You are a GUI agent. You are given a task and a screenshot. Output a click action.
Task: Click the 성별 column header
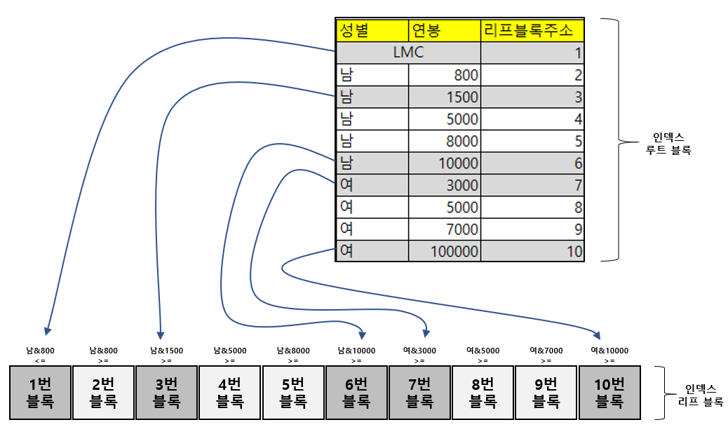[372, 31]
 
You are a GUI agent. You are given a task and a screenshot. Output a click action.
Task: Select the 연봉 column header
[444, 31]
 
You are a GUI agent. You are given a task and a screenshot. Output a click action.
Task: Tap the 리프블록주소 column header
[532, 31]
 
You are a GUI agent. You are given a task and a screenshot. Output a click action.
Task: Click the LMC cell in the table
[408, 53]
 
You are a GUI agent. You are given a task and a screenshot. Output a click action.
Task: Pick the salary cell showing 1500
[444, 97]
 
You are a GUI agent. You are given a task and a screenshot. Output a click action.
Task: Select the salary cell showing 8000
[444, 141]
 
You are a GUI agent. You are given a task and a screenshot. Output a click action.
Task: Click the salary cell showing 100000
[444, 250]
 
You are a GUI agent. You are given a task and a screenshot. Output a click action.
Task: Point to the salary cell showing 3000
[444, 185]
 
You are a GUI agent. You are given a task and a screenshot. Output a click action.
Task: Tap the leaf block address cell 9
[532, 229]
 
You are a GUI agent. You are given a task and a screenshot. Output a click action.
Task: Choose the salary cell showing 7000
[444, 229]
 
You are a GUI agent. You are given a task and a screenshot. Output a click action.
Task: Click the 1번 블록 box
[41, 393]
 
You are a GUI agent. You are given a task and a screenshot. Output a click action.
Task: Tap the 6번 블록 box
[356, 393]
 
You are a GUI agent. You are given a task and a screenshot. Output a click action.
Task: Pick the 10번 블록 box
[609, 393]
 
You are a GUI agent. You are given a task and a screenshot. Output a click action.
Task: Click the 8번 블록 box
[483, 393]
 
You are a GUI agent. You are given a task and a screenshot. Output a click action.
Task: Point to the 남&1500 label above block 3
[167, 351]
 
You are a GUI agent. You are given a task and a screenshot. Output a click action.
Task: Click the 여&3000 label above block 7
[419, 351]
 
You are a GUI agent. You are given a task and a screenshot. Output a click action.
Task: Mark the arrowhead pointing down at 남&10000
[362, 334]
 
